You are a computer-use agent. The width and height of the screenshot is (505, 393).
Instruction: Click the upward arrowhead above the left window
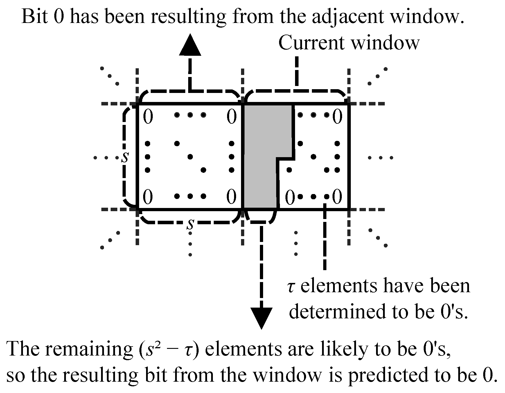tap(190, 46)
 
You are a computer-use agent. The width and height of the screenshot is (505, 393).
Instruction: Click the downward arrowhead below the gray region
tap(261, 317)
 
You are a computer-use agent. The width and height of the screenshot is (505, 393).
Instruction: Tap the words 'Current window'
tap(349, 43)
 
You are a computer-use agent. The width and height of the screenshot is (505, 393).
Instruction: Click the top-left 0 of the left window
tap(148, 117)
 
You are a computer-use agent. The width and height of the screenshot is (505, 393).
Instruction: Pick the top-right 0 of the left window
tap(231, 117)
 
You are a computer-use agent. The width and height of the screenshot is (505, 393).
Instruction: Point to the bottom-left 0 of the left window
tap(148, 197)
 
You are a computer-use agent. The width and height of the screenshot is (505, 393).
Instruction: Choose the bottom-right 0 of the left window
tap(231, 197)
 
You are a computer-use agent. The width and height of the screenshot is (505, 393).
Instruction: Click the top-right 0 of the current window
tap(337, 117)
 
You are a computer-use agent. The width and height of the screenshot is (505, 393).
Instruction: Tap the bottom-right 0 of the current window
tap(337, 197)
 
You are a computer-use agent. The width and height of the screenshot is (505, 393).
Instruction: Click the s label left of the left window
tap(125, 157)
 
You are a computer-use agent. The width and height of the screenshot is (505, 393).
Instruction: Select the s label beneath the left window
tap(190, 224)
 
